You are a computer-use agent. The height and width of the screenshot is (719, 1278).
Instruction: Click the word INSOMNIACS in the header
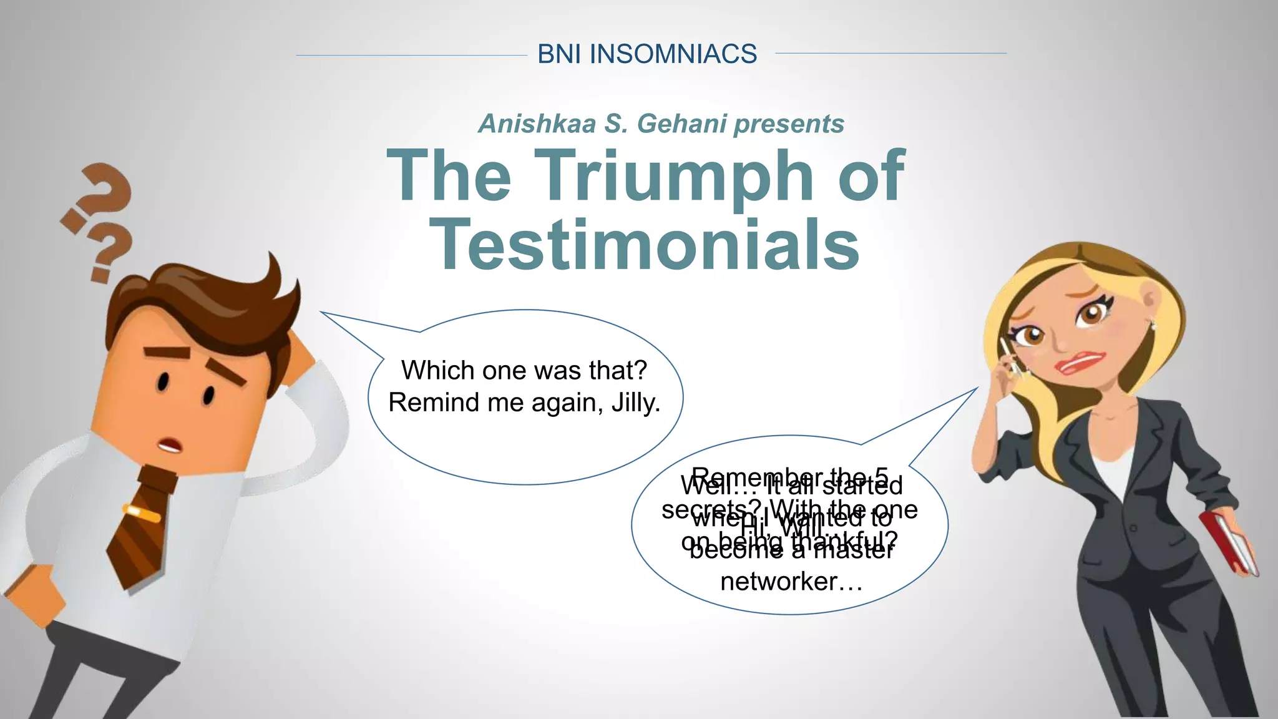tap(673, 54)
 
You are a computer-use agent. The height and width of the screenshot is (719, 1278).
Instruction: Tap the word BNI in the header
tap(560, 54)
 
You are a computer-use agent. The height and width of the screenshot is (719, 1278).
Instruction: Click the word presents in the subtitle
tap(789, 124)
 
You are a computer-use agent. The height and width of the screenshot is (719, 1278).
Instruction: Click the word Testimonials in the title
tap(645, 245)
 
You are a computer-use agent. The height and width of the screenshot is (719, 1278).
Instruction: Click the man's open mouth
tap(169, 446)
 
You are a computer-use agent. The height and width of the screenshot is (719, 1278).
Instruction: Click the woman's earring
tap(1153, 325)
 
